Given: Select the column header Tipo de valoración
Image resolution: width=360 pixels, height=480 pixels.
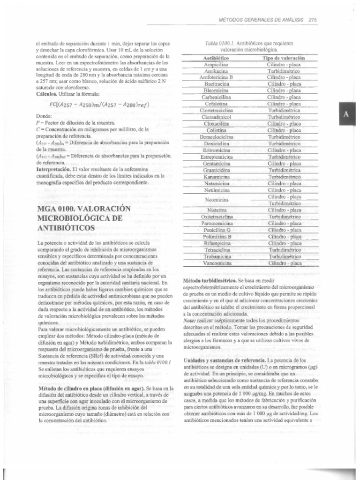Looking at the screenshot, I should point(284,58).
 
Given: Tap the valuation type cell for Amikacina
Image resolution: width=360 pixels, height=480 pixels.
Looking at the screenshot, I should point(284,71).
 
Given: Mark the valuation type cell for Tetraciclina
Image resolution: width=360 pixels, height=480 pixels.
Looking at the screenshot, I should point(284,250).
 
